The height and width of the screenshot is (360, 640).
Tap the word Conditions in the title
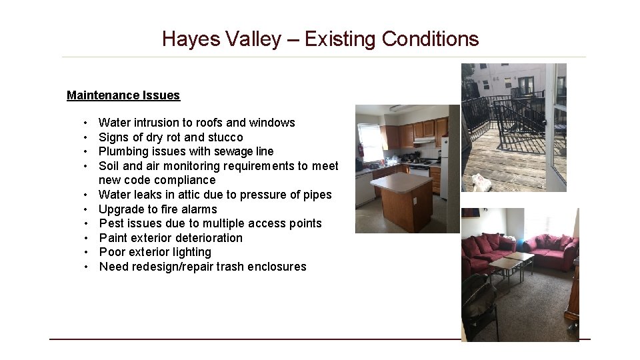click(x=430, y=39)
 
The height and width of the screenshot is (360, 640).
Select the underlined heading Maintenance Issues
click(x=123, y=95)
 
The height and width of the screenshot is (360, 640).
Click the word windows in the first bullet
click(x=272, y=123)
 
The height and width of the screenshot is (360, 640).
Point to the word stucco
click(x=225, y=137)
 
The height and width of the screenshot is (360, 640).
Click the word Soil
click(x=109, y=166)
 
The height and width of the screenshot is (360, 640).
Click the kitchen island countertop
click(x=401, y=181)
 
